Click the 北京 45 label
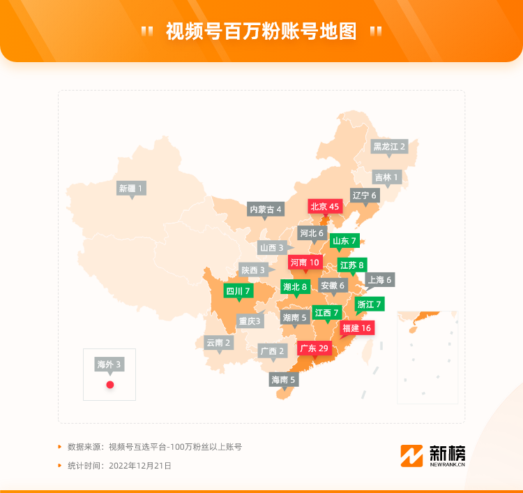[325, 207]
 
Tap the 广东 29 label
[314, 348]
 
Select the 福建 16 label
[358, 328]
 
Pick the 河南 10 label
[305, 263]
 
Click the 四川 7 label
[237, 290]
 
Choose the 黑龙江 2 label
[389, 147]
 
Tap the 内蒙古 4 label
[266, 209]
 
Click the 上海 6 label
[379, 279]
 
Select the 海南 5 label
[284, 380]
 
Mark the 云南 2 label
[218, 342]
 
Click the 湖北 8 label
[295, 286]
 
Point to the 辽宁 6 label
[364, 196]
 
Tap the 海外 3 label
[109, 364]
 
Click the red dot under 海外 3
[109, 385]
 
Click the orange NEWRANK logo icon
[411, 455]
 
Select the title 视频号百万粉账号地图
[261, 31]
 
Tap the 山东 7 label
[344, 241]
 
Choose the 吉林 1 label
[386, 177]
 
